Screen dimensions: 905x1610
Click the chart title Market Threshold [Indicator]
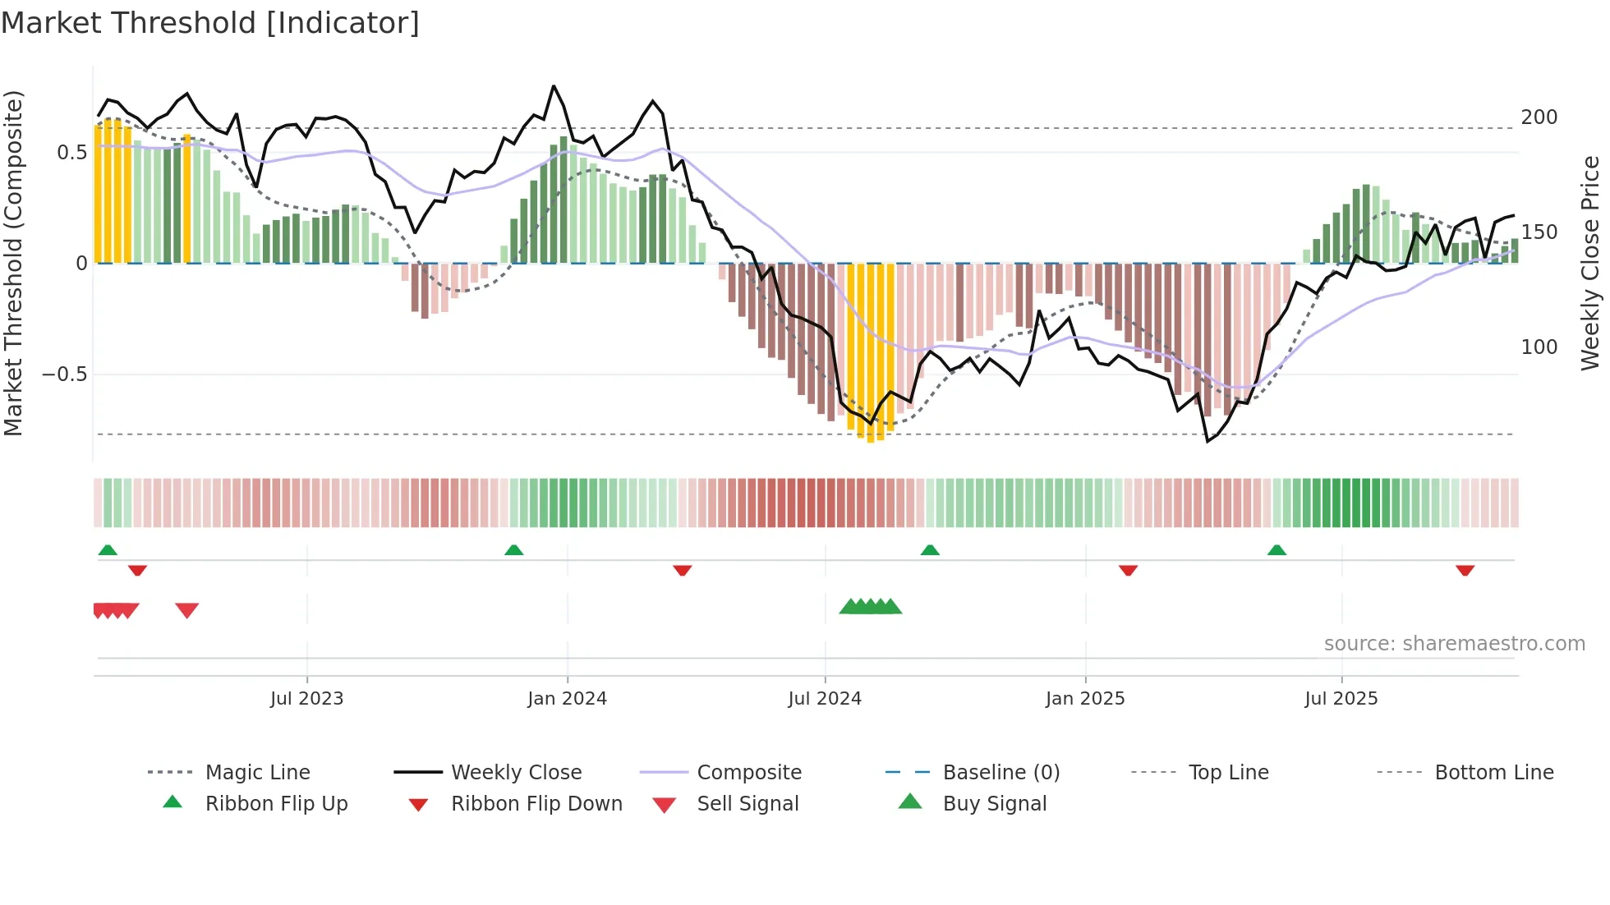(210, 23)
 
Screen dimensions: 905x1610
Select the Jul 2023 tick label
(306, 699)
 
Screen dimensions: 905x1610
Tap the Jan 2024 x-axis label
(567, 699)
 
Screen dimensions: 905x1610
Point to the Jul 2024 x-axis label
(825, 699)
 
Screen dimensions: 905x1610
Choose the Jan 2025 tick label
(1085, 699)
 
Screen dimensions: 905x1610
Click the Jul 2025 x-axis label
(1341, 699)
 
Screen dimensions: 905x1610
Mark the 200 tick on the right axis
(1539, 117)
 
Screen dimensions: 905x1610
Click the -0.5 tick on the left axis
(64, 374)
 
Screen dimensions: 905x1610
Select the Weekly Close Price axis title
(1590, 263)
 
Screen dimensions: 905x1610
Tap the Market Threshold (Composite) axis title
(14, 263)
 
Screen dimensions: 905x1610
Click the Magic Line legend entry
(257, 773)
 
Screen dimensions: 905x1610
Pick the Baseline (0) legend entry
(1000, 773)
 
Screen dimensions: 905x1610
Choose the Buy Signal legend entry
(994, 804)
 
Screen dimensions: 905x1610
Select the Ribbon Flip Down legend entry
(536, 804)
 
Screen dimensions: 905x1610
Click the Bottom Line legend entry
(1493, 773)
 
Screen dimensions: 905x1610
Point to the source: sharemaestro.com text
(1454, 644)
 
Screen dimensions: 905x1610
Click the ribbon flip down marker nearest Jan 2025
(1128, 570)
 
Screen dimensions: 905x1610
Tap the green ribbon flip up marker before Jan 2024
(514, 550)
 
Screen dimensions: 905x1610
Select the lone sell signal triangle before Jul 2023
(187, 610)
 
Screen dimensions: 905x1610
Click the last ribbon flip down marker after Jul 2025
(1465, 570)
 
